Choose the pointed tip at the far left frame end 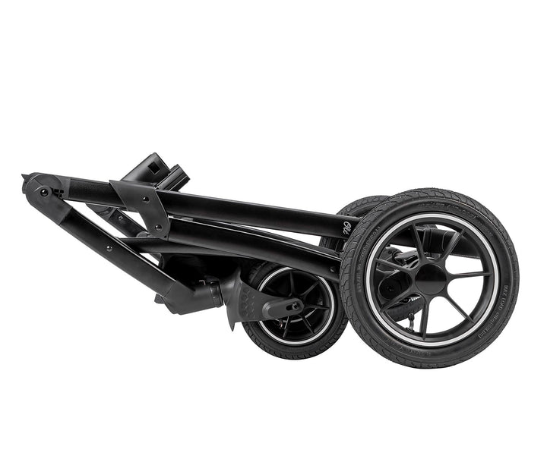pyautogui.click(x=25, y=179)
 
